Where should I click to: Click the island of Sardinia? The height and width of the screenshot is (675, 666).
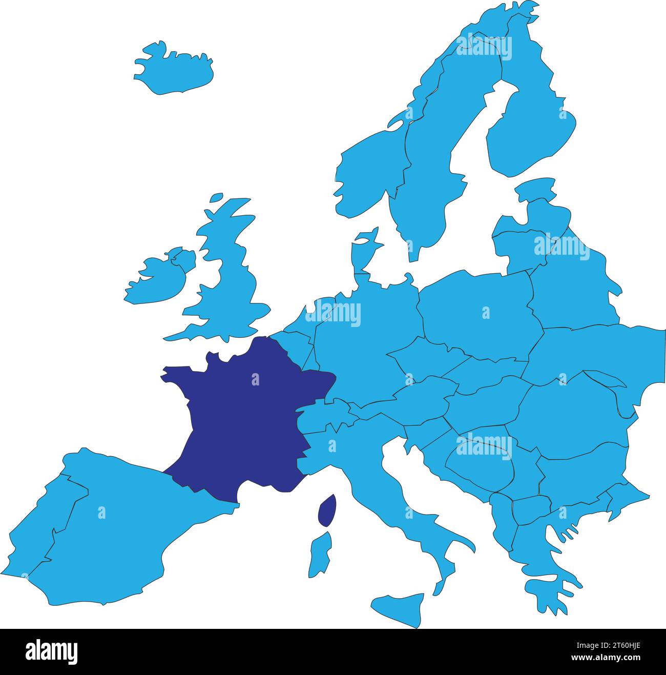[x=321, y=554]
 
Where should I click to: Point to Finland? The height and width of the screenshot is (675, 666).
[x=533, y=128]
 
